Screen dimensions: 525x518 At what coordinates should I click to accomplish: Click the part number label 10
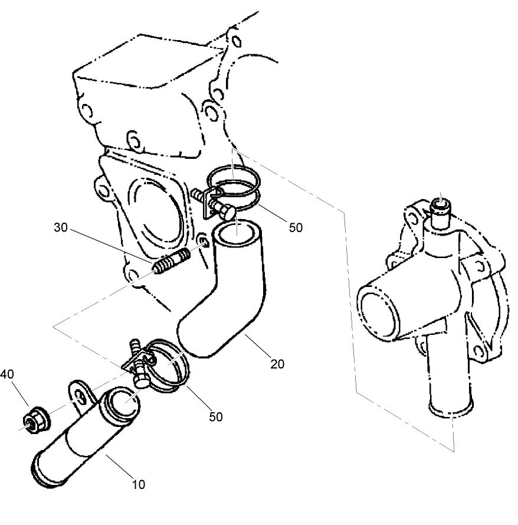[137, 485]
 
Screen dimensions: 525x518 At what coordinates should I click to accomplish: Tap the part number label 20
[277, 364]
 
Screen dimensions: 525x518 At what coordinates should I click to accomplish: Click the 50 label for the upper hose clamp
[295, 227]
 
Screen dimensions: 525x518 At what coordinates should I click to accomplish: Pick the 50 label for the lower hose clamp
[216, 416]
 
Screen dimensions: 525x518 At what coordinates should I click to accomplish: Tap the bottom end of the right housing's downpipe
[451, 408]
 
